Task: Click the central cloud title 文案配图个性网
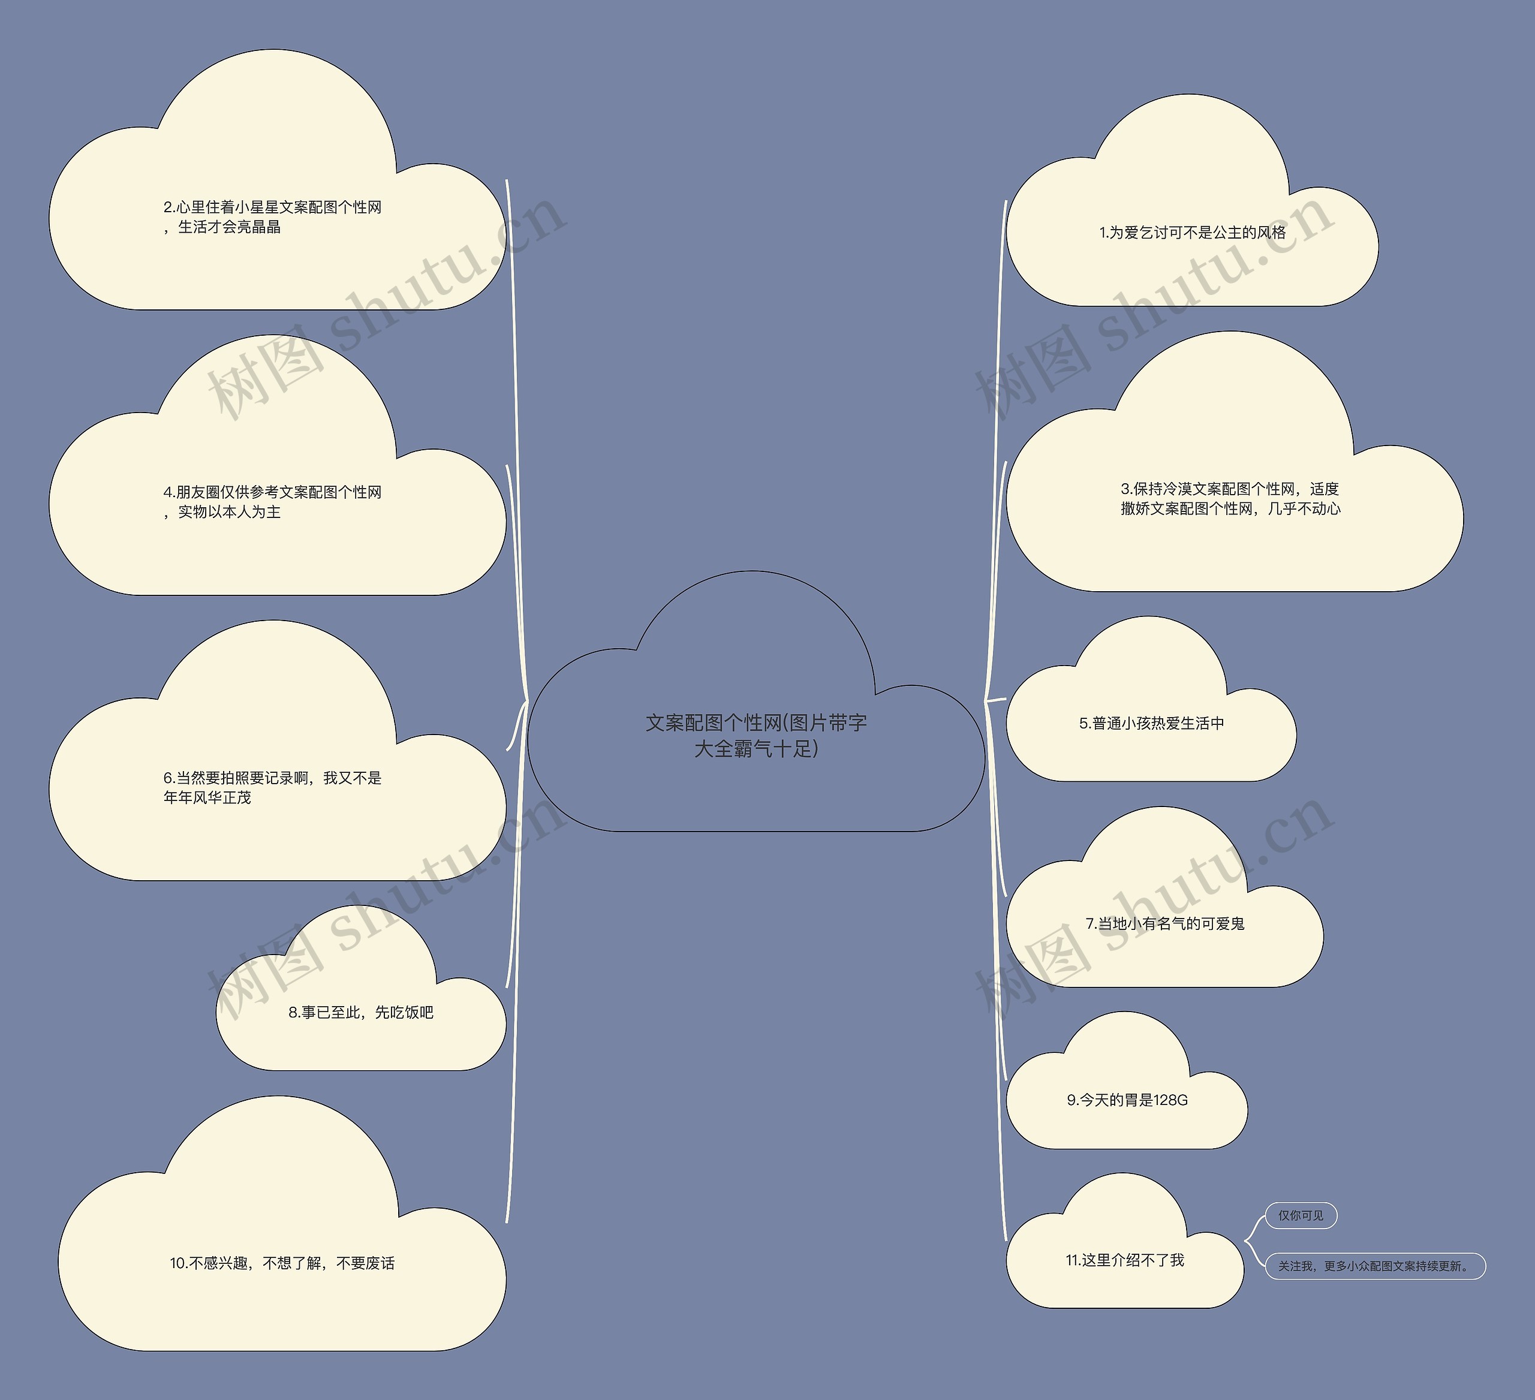point(713,722)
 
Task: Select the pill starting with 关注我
point(1375,1266)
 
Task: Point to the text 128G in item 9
point(1171,1100)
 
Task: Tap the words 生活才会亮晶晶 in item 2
point(229,227)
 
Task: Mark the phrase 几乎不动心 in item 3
point(1304,508)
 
